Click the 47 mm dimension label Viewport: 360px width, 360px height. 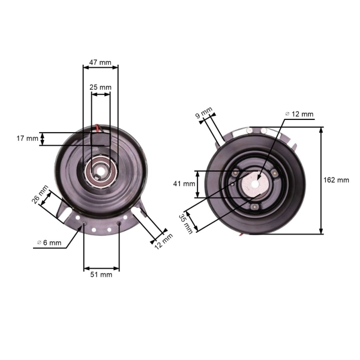point(100,62)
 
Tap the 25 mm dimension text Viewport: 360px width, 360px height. point(100,87)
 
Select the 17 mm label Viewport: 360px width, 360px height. point(28,139)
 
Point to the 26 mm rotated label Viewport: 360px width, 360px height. point(40,194)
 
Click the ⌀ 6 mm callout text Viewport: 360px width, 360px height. point(49,242)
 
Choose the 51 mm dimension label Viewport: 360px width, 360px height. point(101,275)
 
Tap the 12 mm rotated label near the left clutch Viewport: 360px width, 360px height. point(164,242)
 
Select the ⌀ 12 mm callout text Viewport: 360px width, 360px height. point(299,114)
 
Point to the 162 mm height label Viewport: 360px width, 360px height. point(336,180)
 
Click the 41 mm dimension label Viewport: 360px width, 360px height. point(184,184)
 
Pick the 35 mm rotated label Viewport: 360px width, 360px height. point(186,224)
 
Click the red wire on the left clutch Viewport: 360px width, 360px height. point(98,128)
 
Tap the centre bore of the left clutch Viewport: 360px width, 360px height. point(100,171)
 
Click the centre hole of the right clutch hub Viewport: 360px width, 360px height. point(254,184)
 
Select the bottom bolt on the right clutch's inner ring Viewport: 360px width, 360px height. point(254,208)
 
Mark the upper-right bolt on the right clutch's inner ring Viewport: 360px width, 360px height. point(274,173)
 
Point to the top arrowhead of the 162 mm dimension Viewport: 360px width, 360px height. point(321,130)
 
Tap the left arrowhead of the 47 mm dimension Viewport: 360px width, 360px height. point(86,67)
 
